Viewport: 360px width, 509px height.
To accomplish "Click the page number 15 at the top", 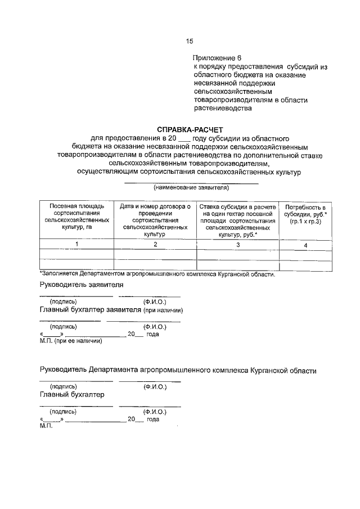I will [189, 41].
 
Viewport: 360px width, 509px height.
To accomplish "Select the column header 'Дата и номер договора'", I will [155, 218].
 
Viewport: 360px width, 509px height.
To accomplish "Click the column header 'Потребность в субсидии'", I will [305, 214].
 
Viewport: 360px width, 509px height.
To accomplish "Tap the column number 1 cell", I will [76, 245].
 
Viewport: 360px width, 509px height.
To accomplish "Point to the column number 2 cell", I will [155, 245].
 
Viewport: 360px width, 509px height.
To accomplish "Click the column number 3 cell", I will [237, 245].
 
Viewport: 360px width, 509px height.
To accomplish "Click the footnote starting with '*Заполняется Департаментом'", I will [157, 274].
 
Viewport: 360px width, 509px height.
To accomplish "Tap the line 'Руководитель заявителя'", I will [82, 285].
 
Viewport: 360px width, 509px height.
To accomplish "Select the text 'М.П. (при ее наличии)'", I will [70, 341].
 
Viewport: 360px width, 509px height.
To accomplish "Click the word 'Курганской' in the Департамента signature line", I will [269, 371].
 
